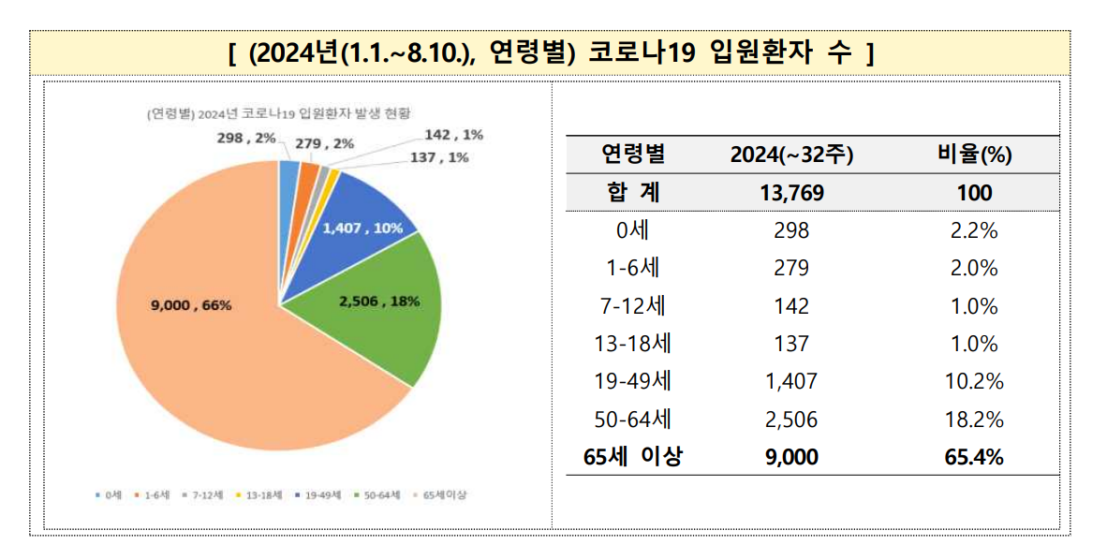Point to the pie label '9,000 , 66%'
click(191, 304)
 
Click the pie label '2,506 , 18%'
click(379, 302)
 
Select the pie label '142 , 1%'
click(453, 135)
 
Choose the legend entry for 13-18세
click(263, 494)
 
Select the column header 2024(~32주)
click(790, 155)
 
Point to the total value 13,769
click(790, 194)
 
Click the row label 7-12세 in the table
click(632, 306)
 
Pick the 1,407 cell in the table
click(790, 382)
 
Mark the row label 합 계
click(632, 194)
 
